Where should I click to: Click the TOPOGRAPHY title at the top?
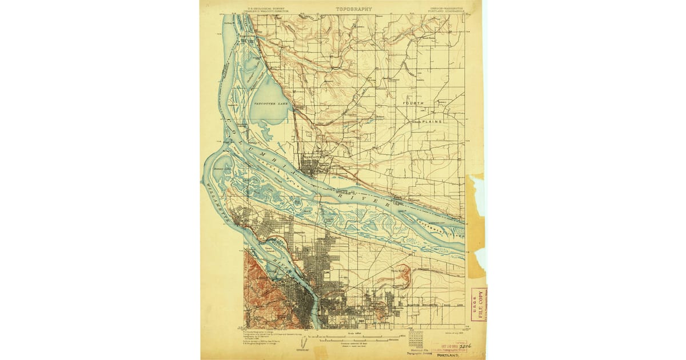pos(353,9)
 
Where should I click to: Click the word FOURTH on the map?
pos(414,103)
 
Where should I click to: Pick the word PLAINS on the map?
pos(436,122)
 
